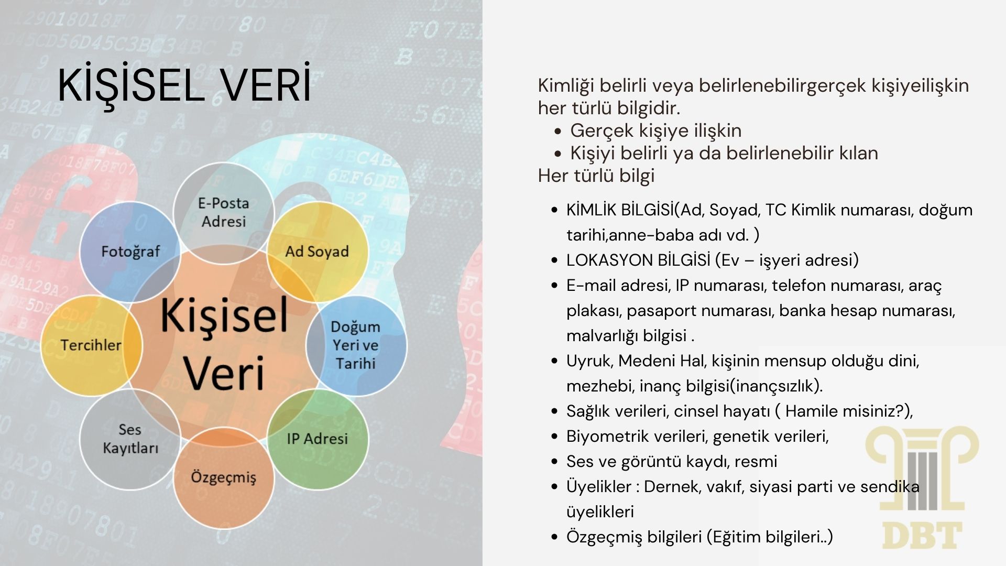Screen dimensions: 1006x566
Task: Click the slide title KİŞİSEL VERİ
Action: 184,84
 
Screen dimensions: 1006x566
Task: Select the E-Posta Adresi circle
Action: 224,212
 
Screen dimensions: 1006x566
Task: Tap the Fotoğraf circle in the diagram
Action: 130,252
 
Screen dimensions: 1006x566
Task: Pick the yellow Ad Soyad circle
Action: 318,252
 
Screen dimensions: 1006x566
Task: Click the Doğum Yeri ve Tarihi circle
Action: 356,345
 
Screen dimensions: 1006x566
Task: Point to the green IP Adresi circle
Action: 318,439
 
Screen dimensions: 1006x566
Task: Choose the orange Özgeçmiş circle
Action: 224,477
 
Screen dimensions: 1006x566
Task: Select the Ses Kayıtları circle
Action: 130,439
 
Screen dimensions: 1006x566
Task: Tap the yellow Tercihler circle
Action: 92,345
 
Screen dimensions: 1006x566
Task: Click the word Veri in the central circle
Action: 224,373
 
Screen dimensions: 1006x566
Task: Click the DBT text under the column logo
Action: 922,535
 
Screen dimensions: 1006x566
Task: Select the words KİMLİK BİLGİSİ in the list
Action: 620,210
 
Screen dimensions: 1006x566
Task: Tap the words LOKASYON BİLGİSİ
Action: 638,260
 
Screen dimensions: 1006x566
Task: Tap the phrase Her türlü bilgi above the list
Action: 596,176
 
